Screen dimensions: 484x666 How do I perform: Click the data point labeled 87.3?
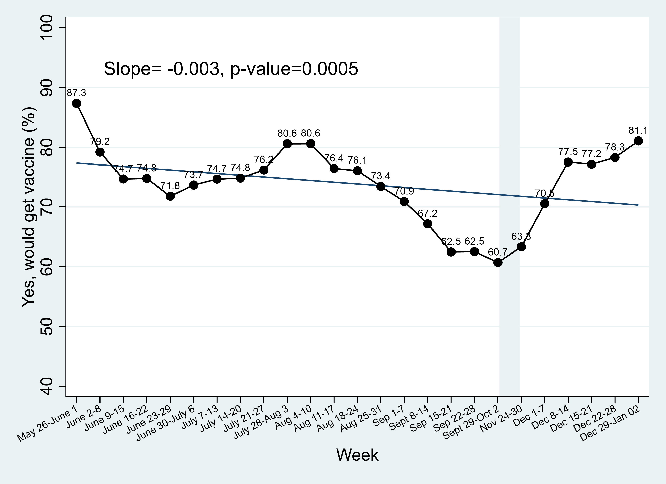77,103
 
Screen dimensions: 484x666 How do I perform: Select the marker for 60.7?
498,263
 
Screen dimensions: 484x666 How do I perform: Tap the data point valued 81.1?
638,141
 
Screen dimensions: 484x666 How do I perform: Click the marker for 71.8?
170,196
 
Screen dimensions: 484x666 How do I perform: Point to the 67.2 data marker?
428,224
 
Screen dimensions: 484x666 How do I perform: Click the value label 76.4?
334,158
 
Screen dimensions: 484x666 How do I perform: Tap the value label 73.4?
381,176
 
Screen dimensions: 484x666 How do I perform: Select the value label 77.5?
568,152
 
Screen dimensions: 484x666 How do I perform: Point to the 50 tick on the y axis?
46,326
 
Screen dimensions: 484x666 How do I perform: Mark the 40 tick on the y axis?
46,386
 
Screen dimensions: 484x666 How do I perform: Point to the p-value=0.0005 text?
294,69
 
